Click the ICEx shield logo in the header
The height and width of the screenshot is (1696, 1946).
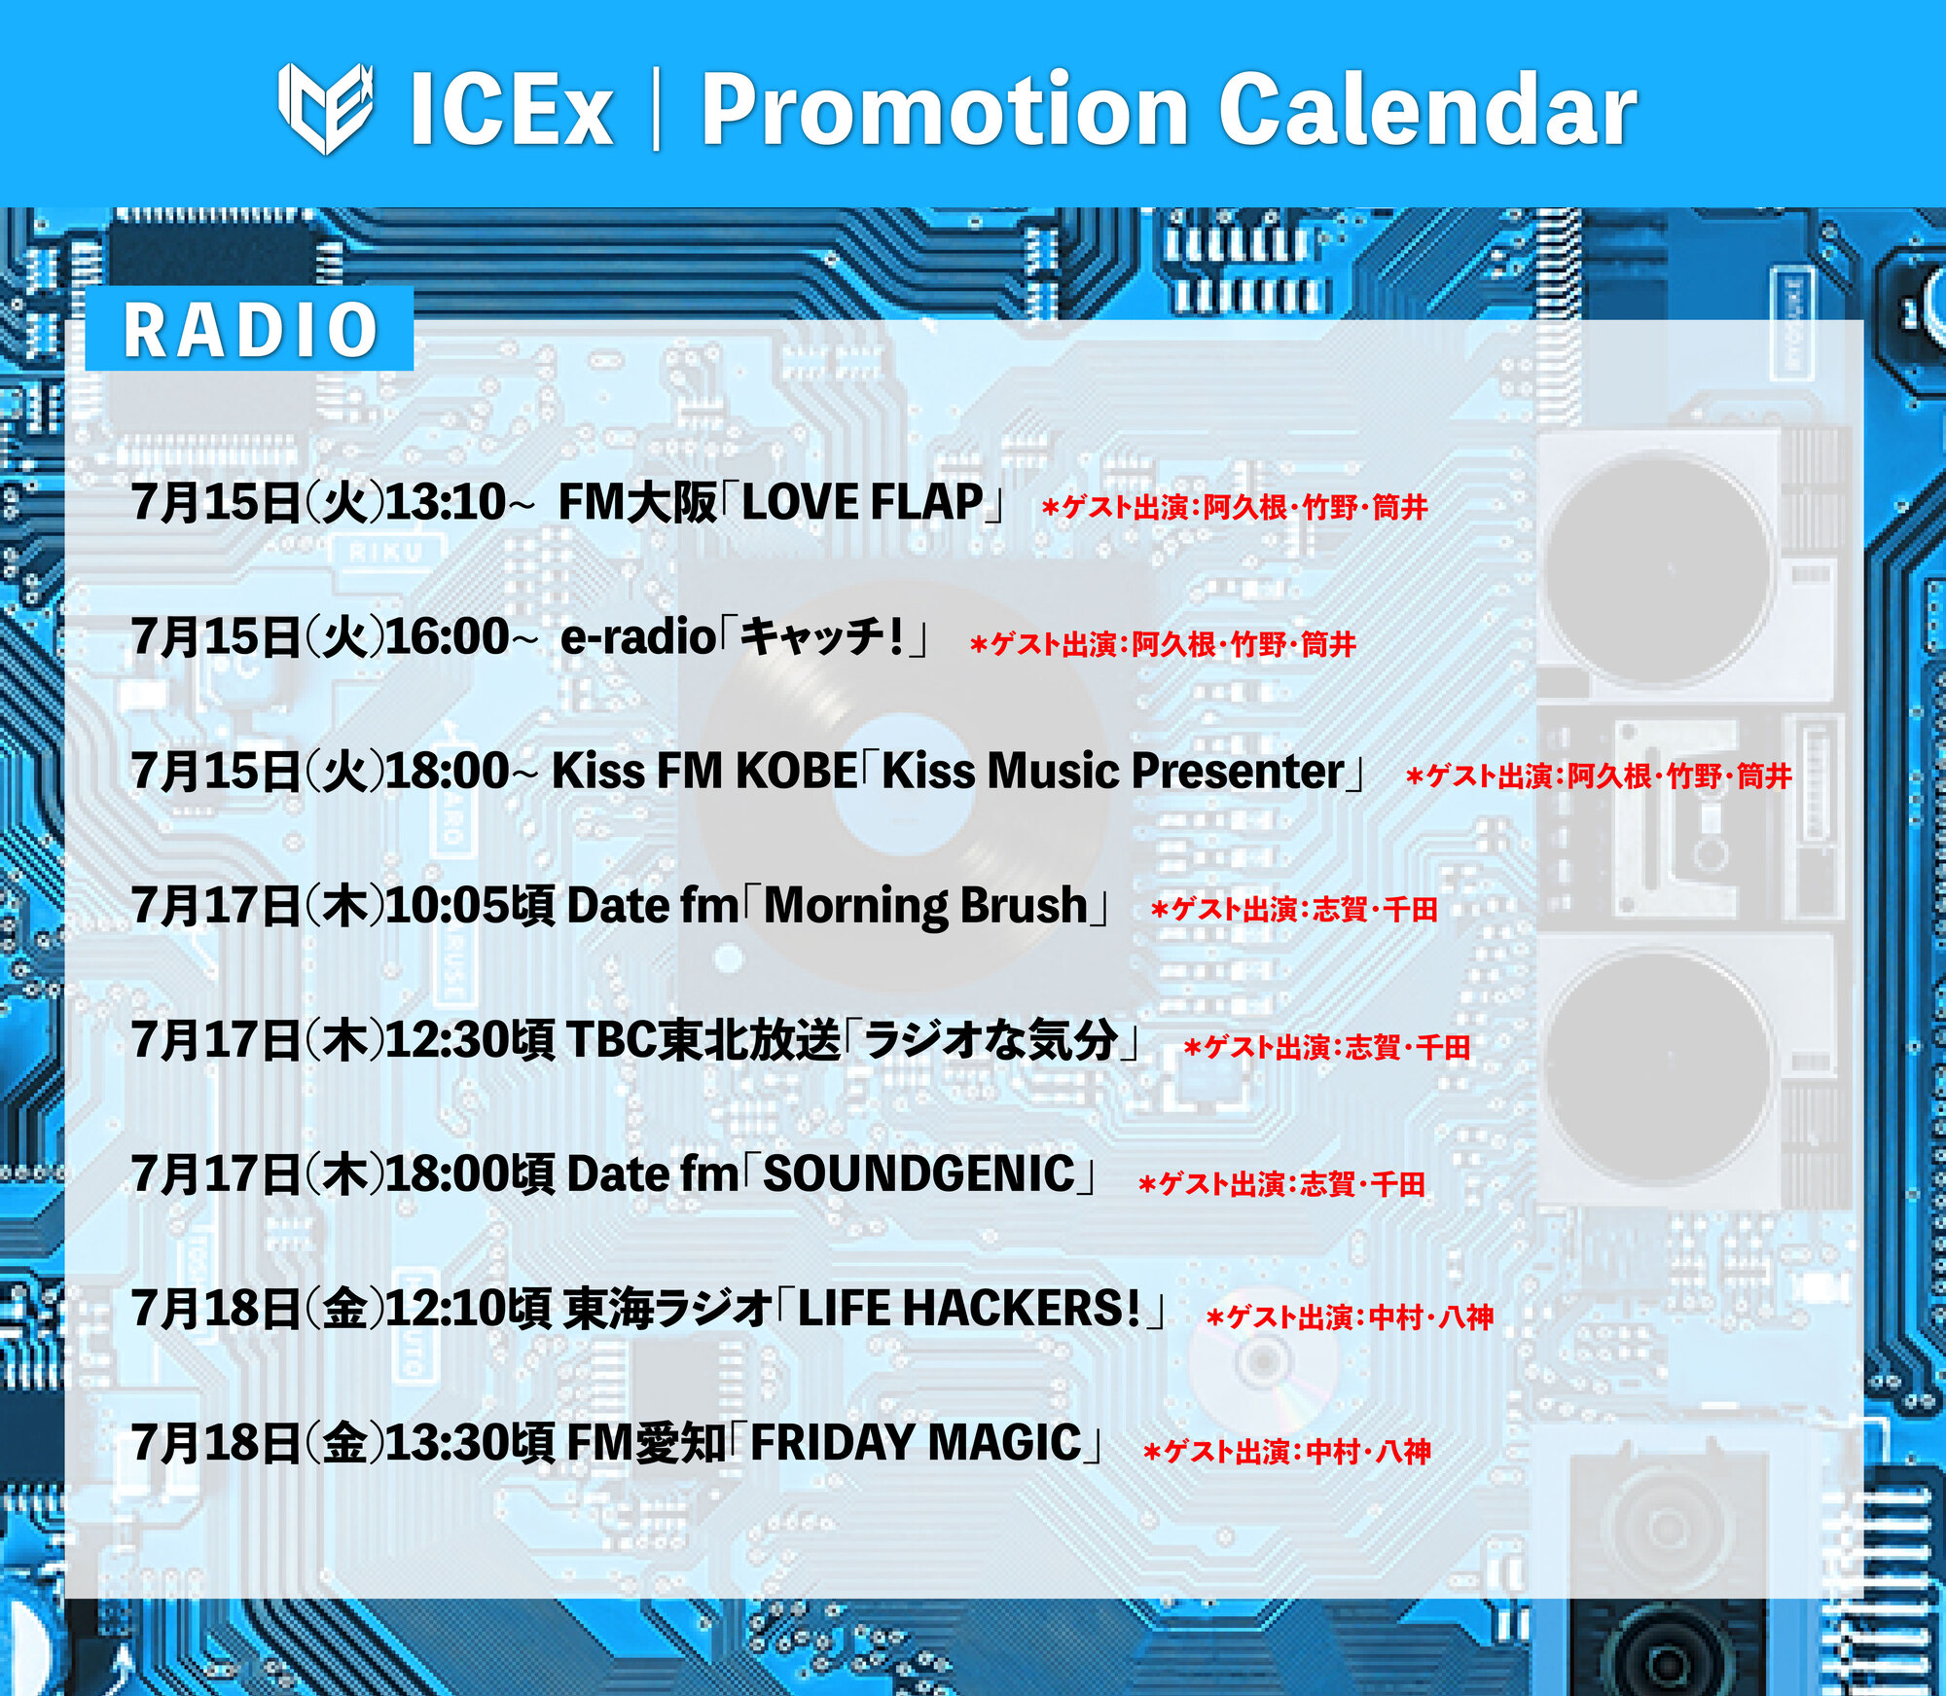326,108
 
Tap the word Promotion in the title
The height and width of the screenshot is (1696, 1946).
945,109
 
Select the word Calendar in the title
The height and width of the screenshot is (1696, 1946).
1427,109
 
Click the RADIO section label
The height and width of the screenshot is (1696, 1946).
250,330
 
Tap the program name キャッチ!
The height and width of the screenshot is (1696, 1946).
823,637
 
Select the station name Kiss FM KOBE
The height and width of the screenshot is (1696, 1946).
704,772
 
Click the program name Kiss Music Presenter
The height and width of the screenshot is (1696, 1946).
1113,772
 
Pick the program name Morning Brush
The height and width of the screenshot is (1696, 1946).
925,906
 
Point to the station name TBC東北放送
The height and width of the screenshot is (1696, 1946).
703,1040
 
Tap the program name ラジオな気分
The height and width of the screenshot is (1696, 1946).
991,1040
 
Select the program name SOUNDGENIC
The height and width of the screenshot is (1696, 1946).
919,1174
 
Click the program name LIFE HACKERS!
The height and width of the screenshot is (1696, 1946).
969,1309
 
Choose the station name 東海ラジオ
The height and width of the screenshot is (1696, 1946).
668,1309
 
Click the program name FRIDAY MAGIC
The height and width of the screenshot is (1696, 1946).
916,1443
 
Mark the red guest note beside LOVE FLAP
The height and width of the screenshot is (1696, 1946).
1234,507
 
